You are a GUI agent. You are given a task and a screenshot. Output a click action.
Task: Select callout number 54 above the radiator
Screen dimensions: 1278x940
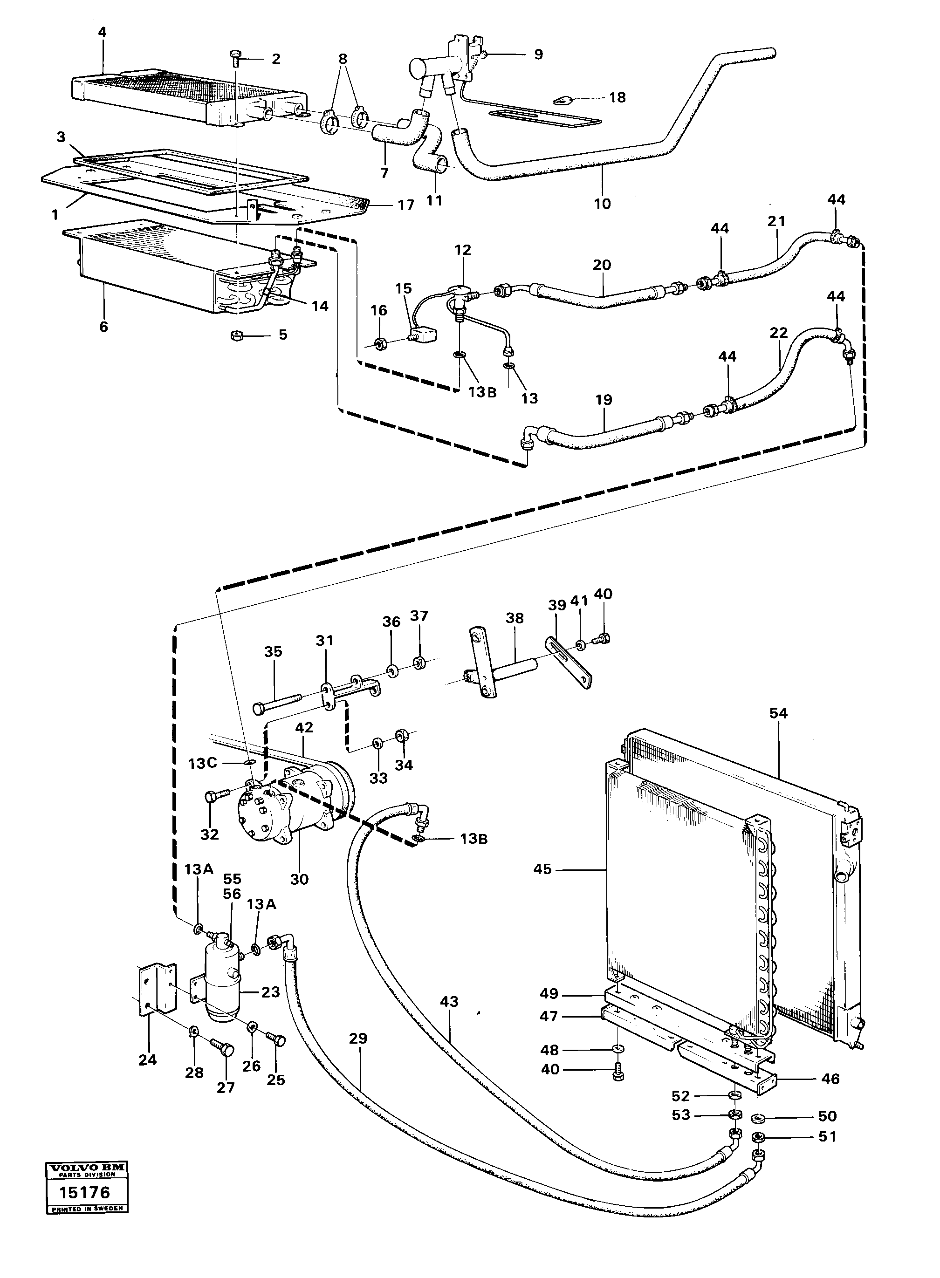(778, 713)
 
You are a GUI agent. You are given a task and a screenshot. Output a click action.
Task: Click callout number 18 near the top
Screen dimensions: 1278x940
(617, 97)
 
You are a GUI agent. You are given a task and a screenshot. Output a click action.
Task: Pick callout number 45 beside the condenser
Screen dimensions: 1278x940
(542, 869)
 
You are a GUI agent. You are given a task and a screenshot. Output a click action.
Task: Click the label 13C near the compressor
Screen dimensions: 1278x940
(203, 763)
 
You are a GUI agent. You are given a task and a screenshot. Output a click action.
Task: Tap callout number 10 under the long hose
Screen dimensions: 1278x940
(602, 203)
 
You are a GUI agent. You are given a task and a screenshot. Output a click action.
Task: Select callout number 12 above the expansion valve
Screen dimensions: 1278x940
(463, 250)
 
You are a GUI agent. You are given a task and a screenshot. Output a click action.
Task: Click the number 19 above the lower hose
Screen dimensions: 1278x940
(604, 399)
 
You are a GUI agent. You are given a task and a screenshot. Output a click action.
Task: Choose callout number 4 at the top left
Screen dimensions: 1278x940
(102, 33)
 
